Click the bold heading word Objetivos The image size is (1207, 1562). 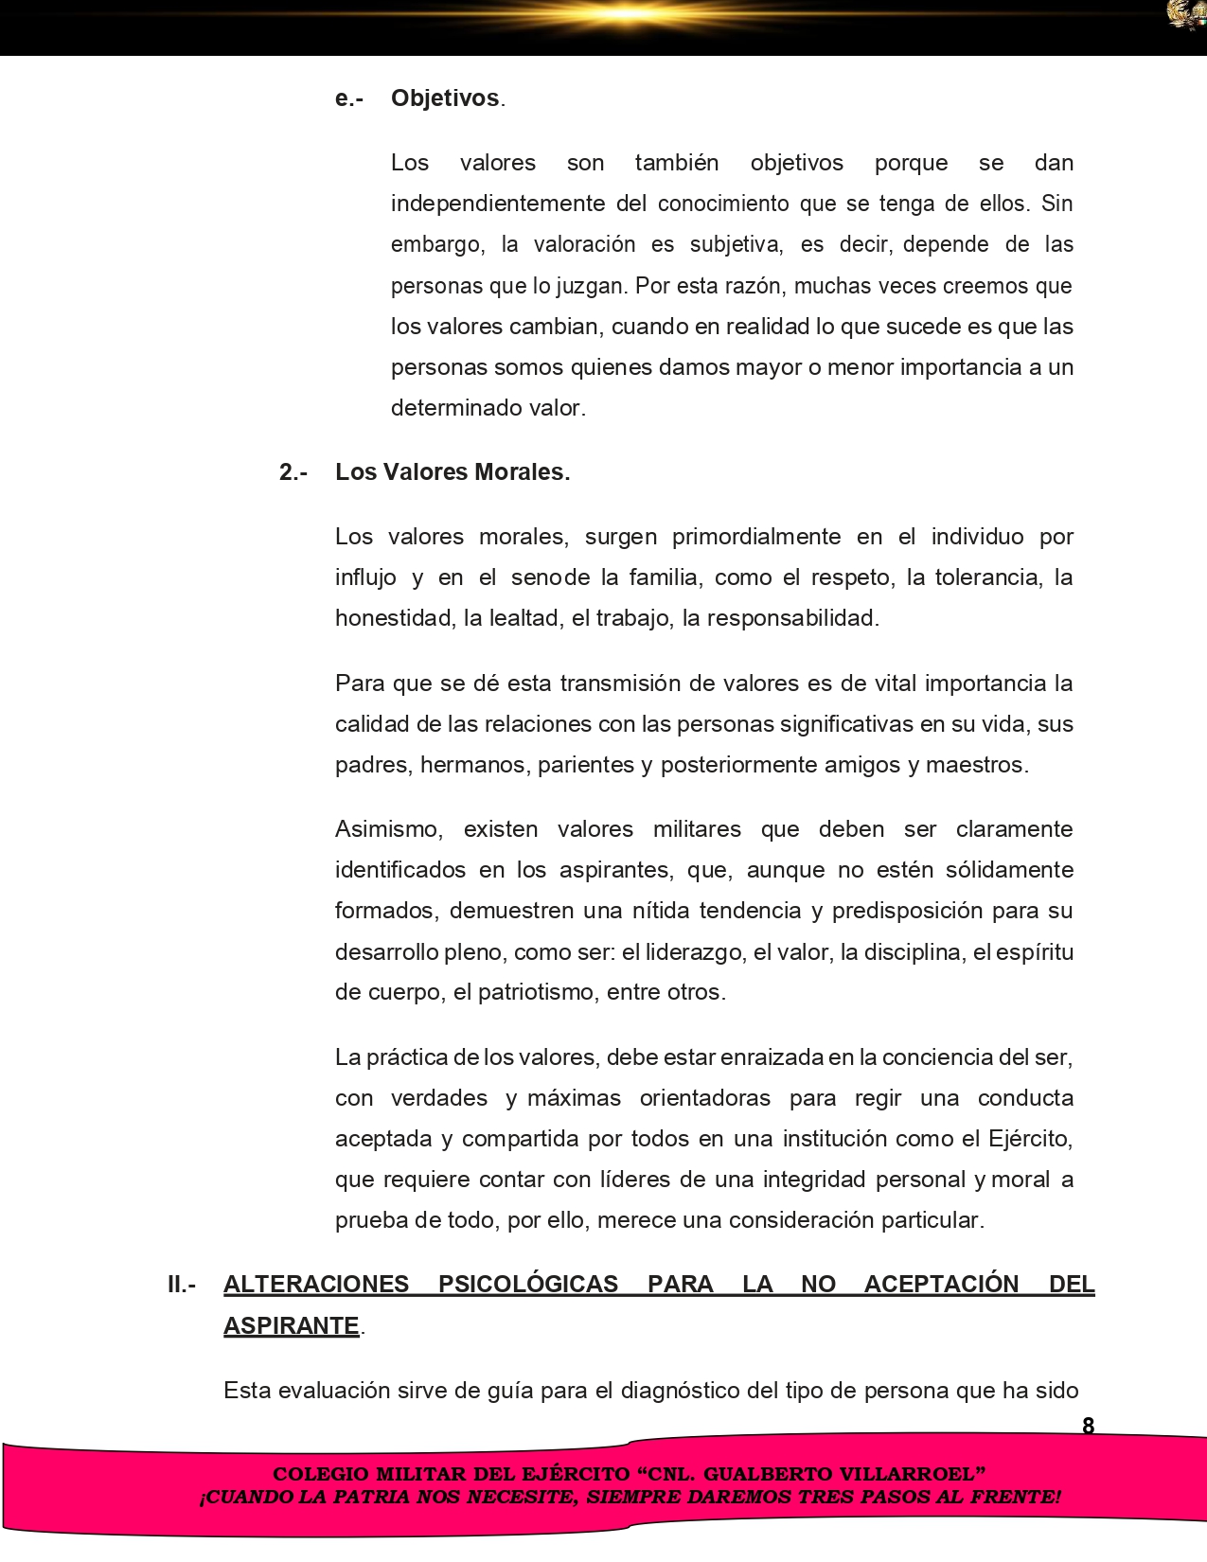[x=445, y=98]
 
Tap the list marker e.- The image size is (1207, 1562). [x=349, y=98]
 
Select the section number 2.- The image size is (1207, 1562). [x=293, y=472]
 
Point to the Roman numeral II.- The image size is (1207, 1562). [x=182, y=1285]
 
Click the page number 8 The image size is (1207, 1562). [x=1088, y=1426]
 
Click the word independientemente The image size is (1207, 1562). [x=499, y=204]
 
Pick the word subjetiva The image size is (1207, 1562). [x=736, y=244]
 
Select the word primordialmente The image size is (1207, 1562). [x=756, y=537]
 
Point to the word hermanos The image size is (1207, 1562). [x=473, y=765]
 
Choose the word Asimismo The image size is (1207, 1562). [x=389, y=829]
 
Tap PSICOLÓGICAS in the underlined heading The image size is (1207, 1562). [x=528, y=1285]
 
